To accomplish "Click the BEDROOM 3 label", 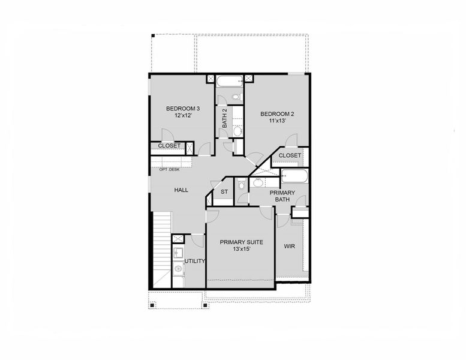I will tap(182, 109).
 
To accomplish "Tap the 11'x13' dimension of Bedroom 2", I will tap(276, 121).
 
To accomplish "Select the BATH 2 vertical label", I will tap(224, 118).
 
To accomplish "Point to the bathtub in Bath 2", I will tap(229, 81).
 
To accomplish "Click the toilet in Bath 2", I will tap(236, 97).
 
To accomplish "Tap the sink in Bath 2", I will tap(237, 130).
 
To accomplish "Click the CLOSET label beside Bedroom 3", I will tap(169, 146).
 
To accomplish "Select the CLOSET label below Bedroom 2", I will tap(290, 155).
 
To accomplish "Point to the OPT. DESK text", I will tap(169, 169).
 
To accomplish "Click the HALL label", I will tap(181, 190).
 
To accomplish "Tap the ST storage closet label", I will tap(224, 192).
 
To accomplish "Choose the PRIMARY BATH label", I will tap(282, 196).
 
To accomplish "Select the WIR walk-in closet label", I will tap(290, 246).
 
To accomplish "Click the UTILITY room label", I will tap(195, 261).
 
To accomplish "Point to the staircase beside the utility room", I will tap(163, 246).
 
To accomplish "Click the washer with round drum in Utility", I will tap(178, 270).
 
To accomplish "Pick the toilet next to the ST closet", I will tap(240, 185).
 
